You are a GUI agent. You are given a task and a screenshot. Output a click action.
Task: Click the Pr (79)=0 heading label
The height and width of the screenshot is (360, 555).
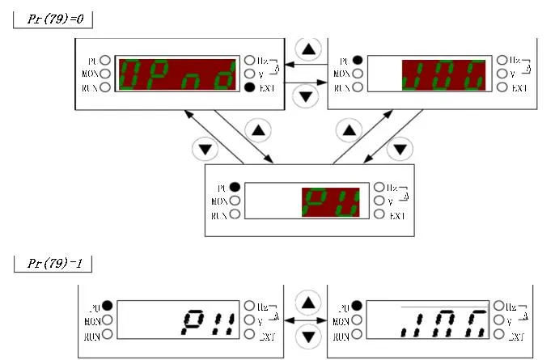click(x=53, y=18)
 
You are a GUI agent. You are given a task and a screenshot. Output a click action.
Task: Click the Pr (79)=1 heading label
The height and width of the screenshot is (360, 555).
click(x=53, y=263)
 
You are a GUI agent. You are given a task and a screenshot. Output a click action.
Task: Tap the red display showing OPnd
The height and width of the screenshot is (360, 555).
click(x=179, y=74)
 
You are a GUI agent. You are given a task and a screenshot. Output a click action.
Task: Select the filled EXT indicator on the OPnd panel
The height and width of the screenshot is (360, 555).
click(x=251, y=87)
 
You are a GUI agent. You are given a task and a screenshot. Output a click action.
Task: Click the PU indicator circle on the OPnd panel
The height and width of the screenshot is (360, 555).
click(x=106, y=61)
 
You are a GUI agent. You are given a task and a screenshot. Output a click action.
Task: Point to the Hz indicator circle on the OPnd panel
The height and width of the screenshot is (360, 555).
click(x=251, y=60)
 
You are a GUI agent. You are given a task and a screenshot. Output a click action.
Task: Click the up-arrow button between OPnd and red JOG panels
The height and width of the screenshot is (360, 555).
click(x=307, y=49)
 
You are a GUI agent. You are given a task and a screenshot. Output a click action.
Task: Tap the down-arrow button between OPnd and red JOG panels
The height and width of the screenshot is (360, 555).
click(x=305, y=96)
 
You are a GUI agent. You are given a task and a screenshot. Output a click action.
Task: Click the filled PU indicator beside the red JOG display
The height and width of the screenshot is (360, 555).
click(x=358, y=61)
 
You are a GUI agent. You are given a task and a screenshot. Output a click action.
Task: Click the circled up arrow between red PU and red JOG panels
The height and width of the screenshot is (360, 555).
click(x=350, y=129)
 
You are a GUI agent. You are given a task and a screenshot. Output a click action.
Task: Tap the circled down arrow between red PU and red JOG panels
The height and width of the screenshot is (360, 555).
click(x=400, y=149)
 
